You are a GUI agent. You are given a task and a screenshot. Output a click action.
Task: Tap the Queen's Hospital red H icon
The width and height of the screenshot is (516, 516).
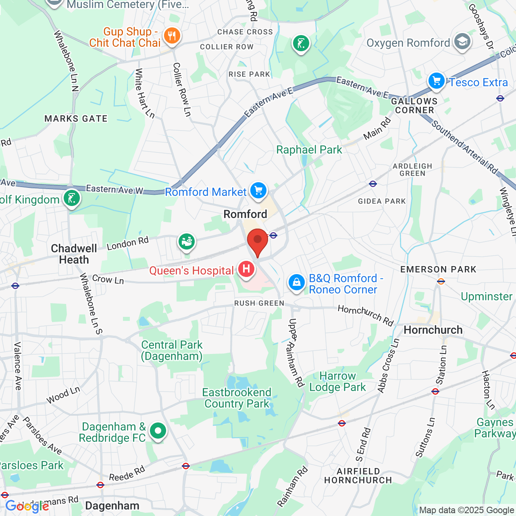click(246, 268)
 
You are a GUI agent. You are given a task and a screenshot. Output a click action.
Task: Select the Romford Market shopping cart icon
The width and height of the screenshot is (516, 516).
click(258, 190)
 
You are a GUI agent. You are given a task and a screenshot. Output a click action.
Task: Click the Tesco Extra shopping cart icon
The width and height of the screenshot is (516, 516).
click(436, 81)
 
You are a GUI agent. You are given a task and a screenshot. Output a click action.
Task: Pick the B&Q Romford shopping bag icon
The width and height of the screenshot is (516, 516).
click(296, 282)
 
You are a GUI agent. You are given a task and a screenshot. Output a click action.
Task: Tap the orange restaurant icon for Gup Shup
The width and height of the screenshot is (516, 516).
click(172, 36)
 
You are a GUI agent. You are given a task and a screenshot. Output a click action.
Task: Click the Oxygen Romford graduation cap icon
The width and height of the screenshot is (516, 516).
click(462, 42)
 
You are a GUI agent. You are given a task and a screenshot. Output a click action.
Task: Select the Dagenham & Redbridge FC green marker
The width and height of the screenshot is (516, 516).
click(158, 431)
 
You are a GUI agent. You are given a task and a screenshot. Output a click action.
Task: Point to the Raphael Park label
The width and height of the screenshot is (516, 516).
click(309, 150)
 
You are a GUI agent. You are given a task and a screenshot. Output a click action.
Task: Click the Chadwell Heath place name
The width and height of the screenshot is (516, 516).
click(74, 254)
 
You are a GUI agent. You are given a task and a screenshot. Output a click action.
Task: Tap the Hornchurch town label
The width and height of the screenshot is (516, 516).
click(433, 330)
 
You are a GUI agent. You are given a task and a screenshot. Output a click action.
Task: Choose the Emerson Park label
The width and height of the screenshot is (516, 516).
click(438, 269)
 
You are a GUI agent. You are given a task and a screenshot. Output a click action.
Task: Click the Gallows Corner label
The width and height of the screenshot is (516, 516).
click(414, 106)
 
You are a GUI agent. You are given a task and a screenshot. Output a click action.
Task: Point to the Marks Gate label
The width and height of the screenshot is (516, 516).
click(76, 119)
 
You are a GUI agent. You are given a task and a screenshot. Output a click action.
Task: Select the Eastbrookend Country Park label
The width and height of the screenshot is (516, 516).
click(237, 398)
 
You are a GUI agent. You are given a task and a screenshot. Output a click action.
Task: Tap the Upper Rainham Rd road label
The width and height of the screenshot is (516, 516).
click(296, 353)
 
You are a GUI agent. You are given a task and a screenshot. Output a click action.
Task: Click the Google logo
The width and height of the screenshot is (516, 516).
click(27, 506)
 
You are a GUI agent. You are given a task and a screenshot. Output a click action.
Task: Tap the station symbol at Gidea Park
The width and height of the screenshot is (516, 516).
click(373, 184)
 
